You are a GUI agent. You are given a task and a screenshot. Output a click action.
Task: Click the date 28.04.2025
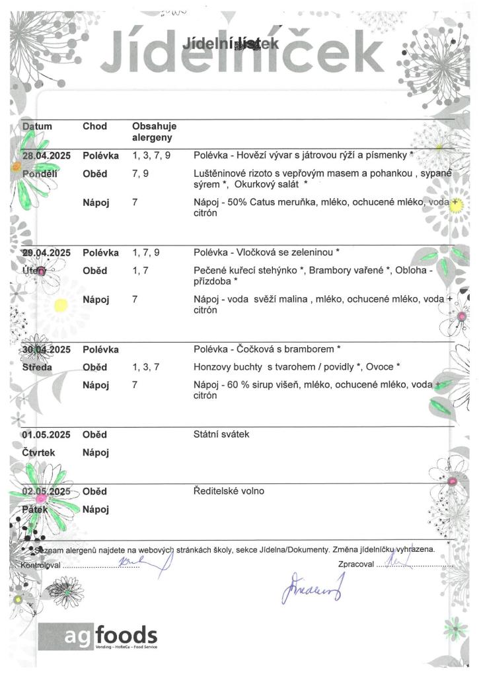point(46,156)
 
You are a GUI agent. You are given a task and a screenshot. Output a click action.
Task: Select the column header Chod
point(94,126)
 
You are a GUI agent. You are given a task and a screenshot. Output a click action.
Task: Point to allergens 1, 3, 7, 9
point(151,156)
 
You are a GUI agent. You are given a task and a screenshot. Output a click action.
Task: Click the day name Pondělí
point(40,174)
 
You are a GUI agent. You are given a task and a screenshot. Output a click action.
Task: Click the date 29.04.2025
point(46,253)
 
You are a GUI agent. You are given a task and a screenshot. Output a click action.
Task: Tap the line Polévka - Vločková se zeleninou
point(267,253)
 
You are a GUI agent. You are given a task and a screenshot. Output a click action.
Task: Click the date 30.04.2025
point(46,349)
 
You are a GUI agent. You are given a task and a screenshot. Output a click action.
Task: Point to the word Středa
point(38,367)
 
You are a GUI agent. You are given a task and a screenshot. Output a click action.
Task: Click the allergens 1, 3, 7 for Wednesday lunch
point(146,367)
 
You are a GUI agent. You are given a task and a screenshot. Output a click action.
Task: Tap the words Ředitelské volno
point(229,491)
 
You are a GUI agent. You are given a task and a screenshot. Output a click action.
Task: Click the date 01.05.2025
point(46,434)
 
